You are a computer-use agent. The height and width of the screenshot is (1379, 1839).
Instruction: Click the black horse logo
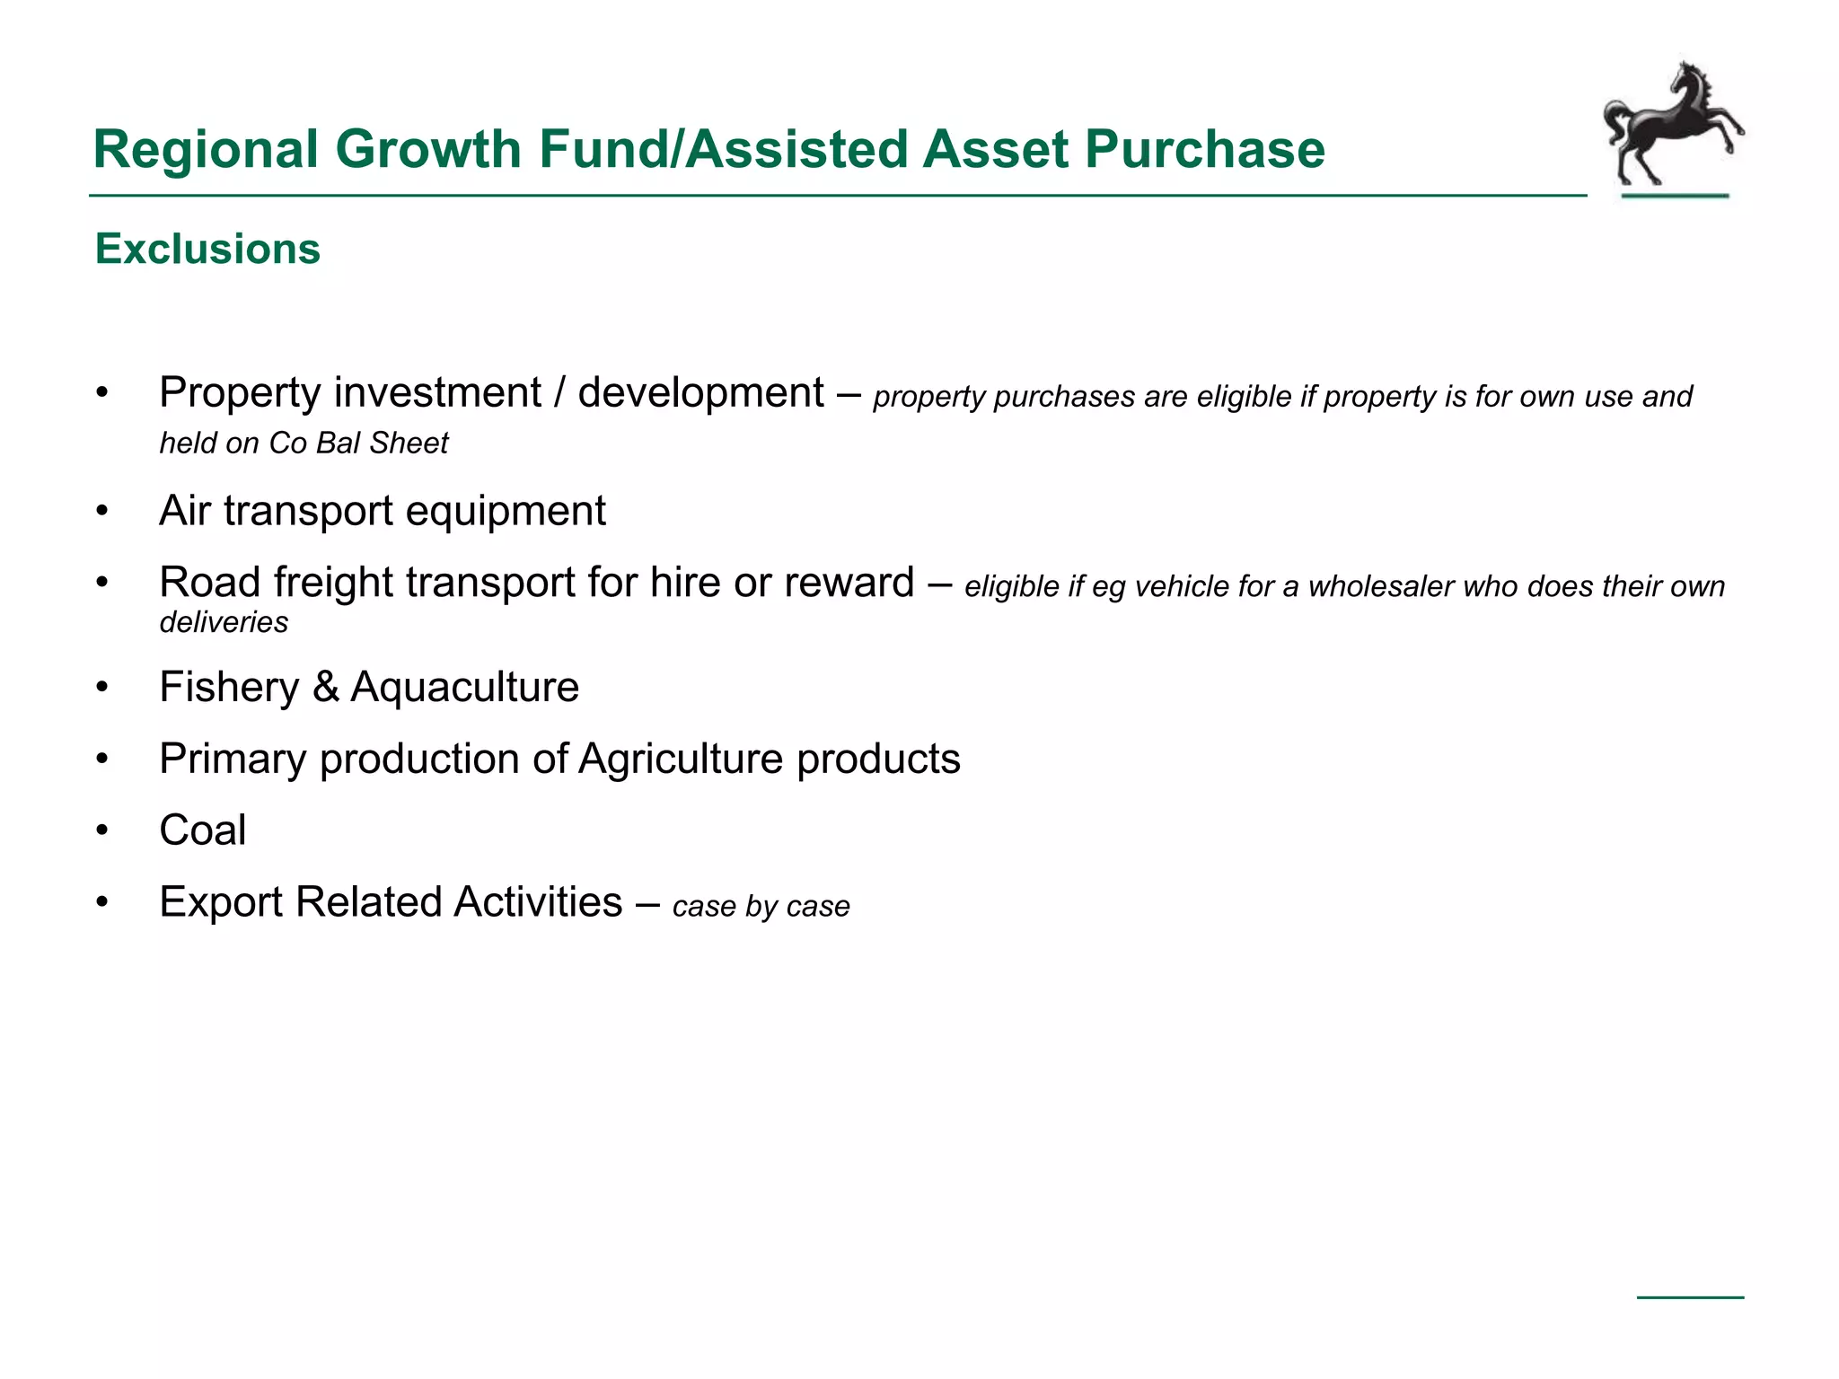(x=1672, y=126)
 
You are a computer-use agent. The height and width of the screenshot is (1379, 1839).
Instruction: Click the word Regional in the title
(x=206, y=149)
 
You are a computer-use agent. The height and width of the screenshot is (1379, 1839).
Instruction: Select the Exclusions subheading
(x=207, y=249)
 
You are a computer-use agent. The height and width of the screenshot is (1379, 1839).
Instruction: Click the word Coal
(x=202, y=830)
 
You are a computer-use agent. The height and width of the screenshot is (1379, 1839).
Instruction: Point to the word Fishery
(x=229, y=688)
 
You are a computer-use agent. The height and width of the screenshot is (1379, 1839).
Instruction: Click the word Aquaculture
(x=464, y=688)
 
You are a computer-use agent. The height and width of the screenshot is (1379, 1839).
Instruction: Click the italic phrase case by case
(x=761, y=906)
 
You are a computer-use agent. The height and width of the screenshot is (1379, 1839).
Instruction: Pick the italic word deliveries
(x=224, y=621)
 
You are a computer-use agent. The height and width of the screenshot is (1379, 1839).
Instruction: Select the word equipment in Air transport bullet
(x=506, y=512)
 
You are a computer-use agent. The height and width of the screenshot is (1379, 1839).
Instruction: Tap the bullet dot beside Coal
(x=102, y=830)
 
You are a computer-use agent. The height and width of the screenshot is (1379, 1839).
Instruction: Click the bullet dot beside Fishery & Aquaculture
(x=102, y=688)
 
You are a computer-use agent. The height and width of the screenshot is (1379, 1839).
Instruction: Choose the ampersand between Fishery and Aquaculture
(x=326, y=688)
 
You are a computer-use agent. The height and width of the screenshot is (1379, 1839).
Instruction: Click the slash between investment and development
(x=559, y=393)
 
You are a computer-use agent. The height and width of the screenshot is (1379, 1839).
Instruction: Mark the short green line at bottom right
(x=1690, y=1297)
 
